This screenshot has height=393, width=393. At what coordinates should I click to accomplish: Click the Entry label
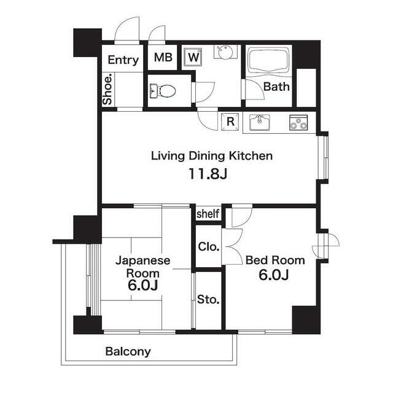pyautogui.click(x=123, y=60)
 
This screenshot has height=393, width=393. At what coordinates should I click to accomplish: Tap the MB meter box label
pyautogui.click(x=163, y=57)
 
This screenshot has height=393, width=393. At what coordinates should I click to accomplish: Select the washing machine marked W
pyautogui.click(x=193, y=57)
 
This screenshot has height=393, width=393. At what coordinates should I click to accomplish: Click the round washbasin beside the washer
pyautogui.click(x=225, y=52)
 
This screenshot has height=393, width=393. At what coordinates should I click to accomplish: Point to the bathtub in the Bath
pyautogui.click(x=268, y=60)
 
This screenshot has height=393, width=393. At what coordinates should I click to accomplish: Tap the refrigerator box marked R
pyautogui.click(x=230, y=122)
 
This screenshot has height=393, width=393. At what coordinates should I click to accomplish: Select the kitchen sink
pyautogui.click(x=259, y=122)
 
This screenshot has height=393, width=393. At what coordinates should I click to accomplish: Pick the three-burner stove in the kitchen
pyautogui.click(x=298, y=123)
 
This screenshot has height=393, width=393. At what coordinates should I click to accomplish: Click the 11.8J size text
pyautogui.click(x=208, y=174)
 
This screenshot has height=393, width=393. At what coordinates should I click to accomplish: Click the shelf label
pyautogui.click(x=208, y=214)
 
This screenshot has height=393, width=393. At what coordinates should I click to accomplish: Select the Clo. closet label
pyautogui.click(x=209, y=247)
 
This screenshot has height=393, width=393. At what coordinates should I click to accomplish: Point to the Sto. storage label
pyautogui.click(x=208, y=299)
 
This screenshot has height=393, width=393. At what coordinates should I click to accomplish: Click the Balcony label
pyautogui.click(x=128, y=352)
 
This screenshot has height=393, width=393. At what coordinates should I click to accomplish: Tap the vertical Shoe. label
pyautogui.click(x=107, y=89)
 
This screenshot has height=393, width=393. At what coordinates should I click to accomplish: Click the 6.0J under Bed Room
pyautogui.click(x=274, y=274)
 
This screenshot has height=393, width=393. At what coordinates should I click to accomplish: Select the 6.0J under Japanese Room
pyautogui.click(x=142, y=285)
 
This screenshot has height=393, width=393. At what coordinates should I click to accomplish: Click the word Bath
pyautogui.click(x=276, y=87)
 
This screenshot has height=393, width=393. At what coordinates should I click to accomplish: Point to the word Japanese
pyautogui.click(x=143, y=261)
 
